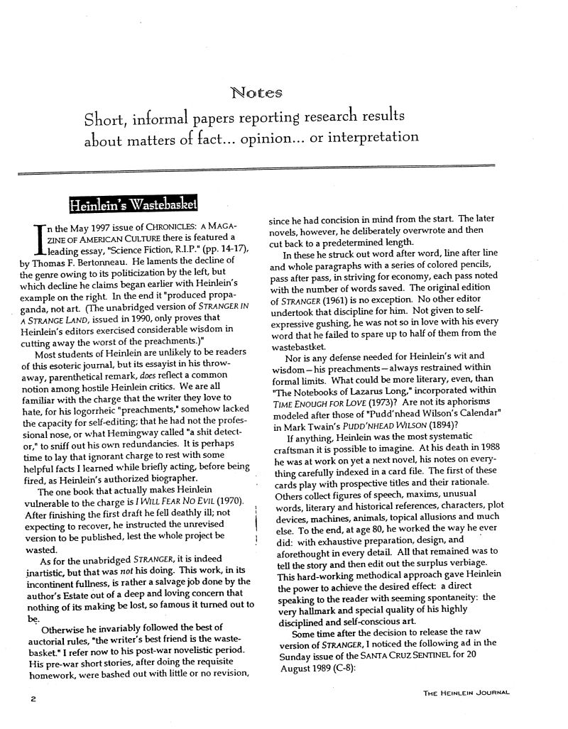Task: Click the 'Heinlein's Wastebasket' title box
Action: pos(132,204)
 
